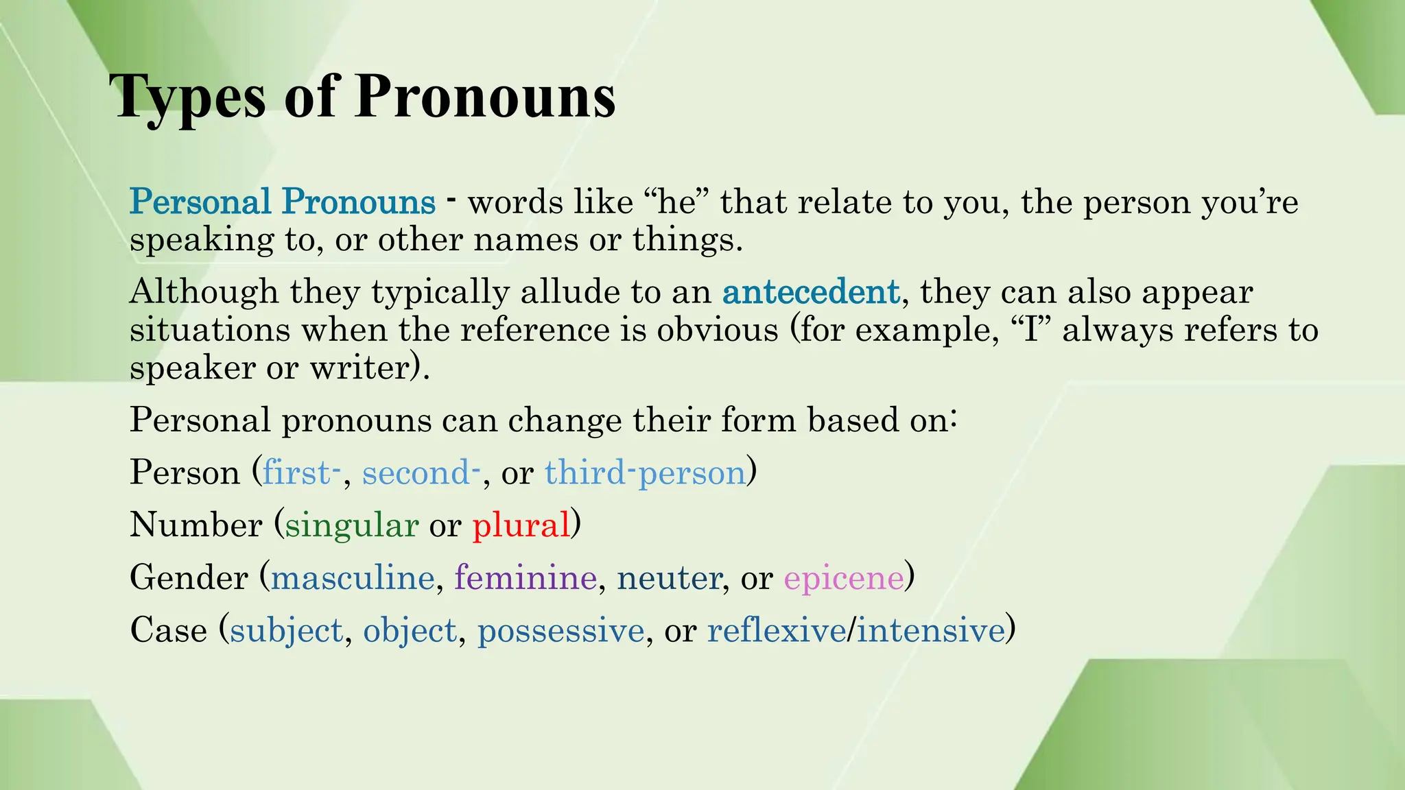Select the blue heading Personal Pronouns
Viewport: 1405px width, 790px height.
[283, 202]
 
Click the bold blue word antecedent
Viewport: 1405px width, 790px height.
[810, 292]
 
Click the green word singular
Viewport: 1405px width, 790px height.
[351, 525]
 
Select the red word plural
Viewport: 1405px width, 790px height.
[521, 525]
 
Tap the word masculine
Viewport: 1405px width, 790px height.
[353, 577]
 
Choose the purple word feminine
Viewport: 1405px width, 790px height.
[525, 577]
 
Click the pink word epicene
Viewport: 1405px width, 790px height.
[843, 579]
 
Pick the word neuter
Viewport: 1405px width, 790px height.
[669, 578]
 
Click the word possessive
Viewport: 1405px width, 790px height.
[560, 631]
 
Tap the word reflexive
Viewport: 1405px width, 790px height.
[776, 630]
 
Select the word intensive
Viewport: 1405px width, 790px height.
[930, 630]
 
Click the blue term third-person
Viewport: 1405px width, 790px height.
[645, 473]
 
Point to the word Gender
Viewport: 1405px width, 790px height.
[189, 577]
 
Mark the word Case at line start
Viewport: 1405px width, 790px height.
[168, 630]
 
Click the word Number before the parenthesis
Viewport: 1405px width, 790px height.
[196, 525]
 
